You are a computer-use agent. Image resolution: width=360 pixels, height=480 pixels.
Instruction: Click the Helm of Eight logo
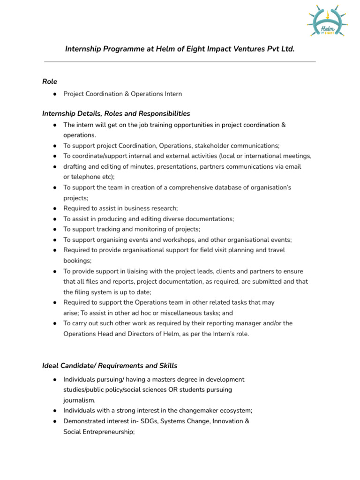[x=327, y=23]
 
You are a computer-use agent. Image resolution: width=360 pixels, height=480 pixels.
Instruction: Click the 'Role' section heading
[x=50, y=82]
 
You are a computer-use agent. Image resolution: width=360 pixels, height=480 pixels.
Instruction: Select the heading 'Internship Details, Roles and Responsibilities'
[x=116, y=113]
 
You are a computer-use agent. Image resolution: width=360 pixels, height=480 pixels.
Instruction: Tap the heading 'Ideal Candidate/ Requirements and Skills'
[x=110, y=366]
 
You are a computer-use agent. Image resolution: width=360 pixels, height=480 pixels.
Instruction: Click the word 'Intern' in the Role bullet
[x=172, y=94]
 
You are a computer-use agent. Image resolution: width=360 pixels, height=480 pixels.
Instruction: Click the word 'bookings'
[x=76, y=261]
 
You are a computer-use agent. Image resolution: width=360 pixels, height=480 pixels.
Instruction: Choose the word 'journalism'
[x=78, y=400]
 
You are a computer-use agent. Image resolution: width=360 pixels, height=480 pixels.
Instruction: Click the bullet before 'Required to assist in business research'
[x=55, y=208]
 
